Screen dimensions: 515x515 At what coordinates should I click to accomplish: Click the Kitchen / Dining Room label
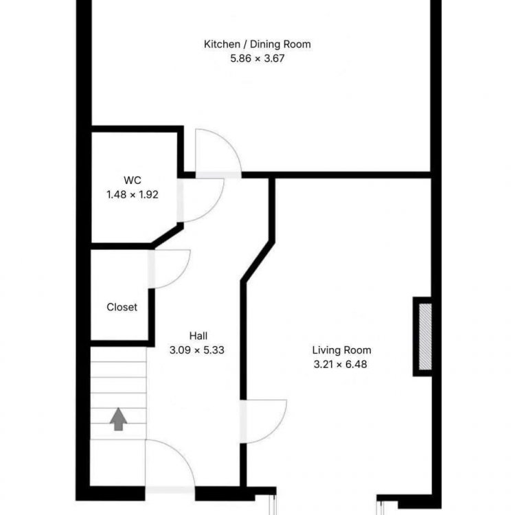click(x=257, y=44)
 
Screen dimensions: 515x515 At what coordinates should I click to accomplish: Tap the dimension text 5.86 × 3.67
click(x=257, y=58)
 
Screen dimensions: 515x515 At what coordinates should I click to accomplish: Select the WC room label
click(x=133, y=180)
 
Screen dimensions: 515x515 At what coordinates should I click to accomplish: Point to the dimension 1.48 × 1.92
click(x=133, y=194)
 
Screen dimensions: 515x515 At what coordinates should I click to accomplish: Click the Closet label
click(x=122, y=307)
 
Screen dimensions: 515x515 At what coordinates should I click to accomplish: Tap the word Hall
click(x=198, y=336)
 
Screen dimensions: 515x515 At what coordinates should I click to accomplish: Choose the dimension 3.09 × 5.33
click(x=197, y=350)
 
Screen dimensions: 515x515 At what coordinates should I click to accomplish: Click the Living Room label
click(x=341, y=350)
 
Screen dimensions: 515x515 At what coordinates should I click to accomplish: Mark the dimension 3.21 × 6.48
click(x=341, y=364)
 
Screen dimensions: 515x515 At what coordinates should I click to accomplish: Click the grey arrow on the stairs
click(x=118, y=419)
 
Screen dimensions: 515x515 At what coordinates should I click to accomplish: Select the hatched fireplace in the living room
click(x=425, y=336)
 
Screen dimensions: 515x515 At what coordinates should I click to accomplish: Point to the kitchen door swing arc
click(x=228, y=144)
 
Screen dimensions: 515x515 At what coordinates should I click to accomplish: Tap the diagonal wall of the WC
click(x=168, y=235)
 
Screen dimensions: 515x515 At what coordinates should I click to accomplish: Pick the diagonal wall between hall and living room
click(x=257, y=262)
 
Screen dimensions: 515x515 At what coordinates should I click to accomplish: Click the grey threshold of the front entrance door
click(x=170, y=490)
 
